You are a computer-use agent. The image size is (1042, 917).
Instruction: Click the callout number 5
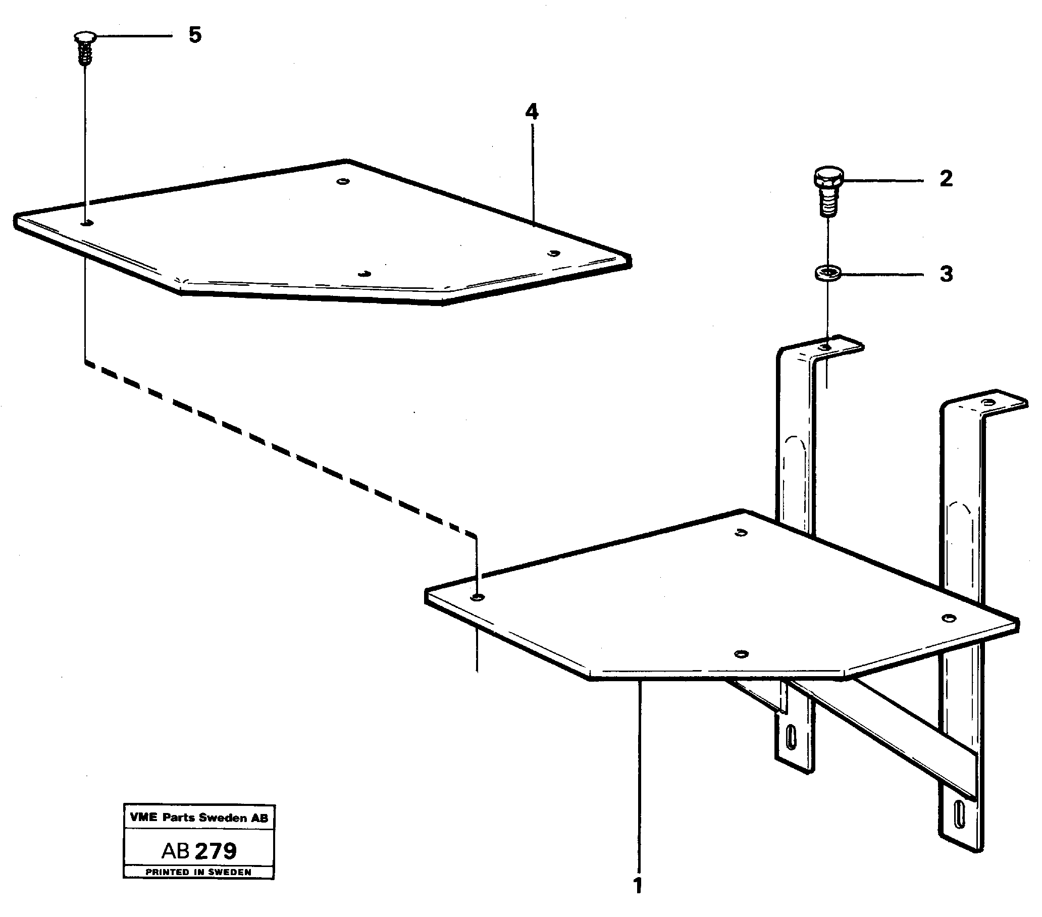tap(195, 35)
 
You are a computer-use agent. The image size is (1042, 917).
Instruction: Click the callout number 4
tap(532, 112)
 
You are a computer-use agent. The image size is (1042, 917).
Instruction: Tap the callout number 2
tap(946, 179)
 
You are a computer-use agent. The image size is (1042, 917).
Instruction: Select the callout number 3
tap(946, 274)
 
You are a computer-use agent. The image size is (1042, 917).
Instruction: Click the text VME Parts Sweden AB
tap(199, 818)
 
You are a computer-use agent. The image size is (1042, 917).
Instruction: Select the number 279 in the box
tap(216, 851)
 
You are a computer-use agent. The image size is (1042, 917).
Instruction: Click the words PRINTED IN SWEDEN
tap(199, 872)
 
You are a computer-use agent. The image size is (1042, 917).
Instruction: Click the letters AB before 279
tap(175, 851)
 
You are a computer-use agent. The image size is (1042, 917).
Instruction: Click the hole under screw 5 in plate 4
tap(87, 222)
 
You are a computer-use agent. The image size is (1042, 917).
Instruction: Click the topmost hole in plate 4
tap(343, 181)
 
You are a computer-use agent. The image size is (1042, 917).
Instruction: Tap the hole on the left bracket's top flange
tap(825, 347)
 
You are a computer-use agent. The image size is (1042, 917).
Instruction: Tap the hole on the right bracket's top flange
tap(988, 403)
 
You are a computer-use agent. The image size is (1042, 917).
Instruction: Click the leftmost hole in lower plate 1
tap(477, 597)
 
